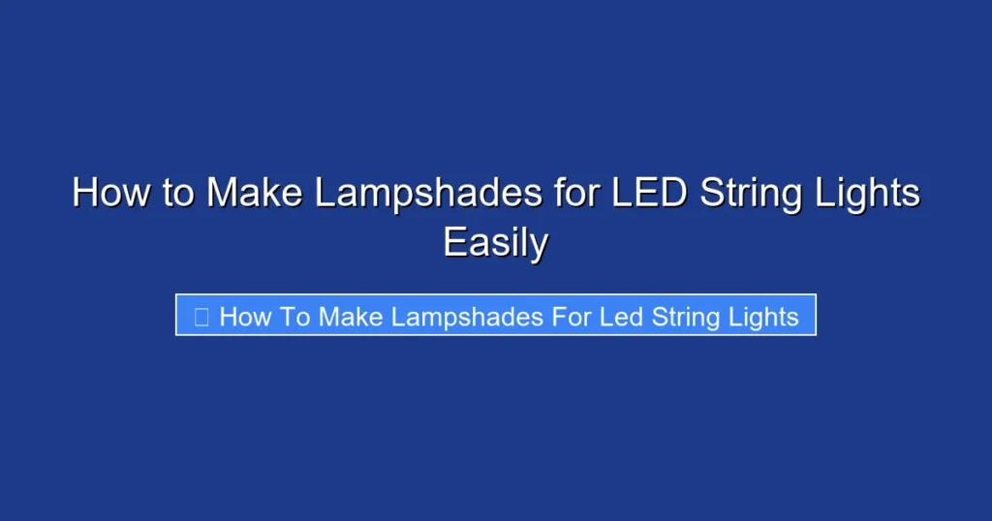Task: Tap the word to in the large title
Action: pyautogui.click(x=178, y=193)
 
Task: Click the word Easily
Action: pyautogui.click(x=496, y=242)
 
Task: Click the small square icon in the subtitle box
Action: pyautogui.click(x=201, y=317)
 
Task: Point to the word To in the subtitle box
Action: pyautogui.click(x=294, y=317)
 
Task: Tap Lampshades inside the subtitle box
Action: pyautogui.click(x=468, y=317)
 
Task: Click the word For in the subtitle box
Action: pyautogui.click(x=572, y=317)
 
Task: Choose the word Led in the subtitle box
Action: pyautogui.click(x=621, y=317)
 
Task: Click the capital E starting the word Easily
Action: pyautogui.click(x=453, y=242)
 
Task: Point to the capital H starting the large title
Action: pyautogui.click(x=83, y=193)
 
